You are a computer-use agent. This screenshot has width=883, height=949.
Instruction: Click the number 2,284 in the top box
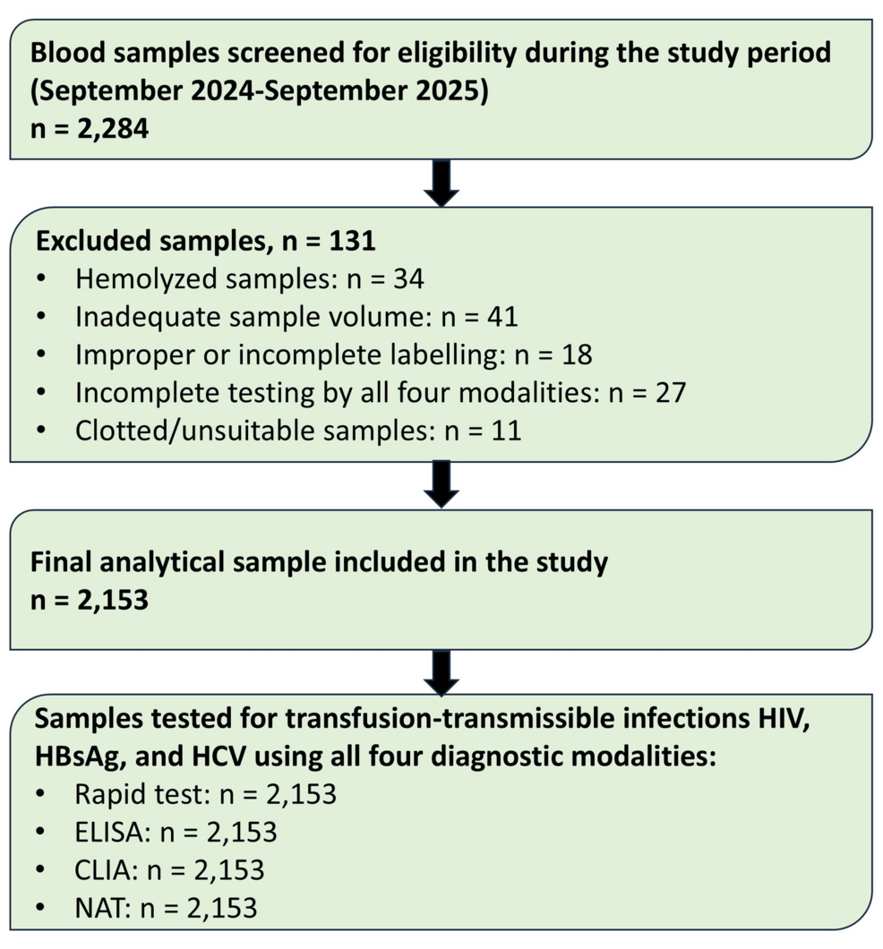[113, 128]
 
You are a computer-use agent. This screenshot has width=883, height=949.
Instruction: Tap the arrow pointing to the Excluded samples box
[441, 183]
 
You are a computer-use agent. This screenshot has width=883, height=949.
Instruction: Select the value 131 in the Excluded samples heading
[352, 240]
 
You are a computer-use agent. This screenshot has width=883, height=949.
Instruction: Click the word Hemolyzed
[146, 279]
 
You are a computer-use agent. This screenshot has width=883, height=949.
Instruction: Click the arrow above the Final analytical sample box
[441, 484]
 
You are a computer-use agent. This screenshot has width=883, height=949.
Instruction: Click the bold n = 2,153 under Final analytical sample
[90, 600]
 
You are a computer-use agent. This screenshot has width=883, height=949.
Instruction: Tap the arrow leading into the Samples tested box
[441, 672]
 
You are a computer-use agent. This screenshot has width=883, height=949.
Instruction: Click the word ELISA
[113, 833]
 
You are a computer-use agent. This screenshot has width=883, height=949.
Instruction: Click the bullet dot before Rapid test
[40, 794]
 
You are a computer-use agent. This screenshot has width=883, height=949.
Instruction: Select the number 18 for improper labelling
[577, 355]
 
